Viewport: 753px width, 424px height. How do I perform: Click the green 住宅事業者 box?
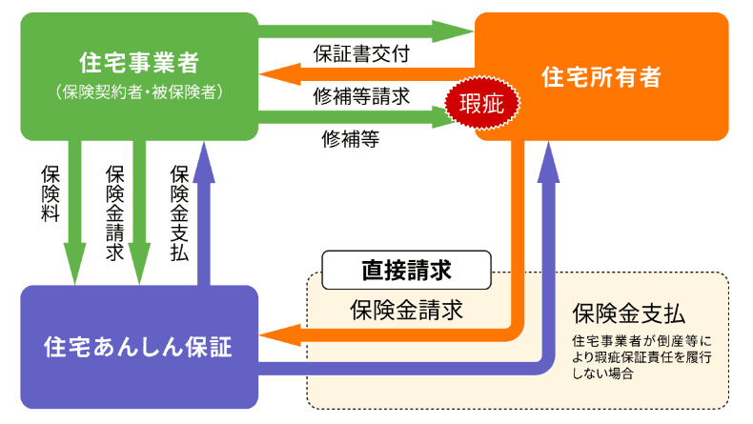pyautogui.click(x=139, y=74)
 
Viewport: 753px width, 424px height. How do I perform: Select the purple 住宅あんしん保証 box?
pyautogui.click(x=139, y=346)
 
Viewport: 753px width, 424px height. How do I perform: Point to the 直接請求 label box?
pyautogui.click(x=406, y=270)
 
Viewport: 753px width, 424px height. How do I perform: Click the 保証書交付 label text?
pyautogui.click(x=361, y=53)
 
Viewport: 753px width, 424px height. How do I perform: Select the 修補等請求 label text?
pyautogui.click(x=361, y=95)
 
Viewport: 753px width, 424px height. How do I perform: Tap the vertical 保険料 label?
pyautogui.click(x=51, y=195)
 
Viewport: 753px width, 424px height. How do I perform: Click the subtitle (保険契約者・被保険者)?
pyautogui.click(x=139, y=91)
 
